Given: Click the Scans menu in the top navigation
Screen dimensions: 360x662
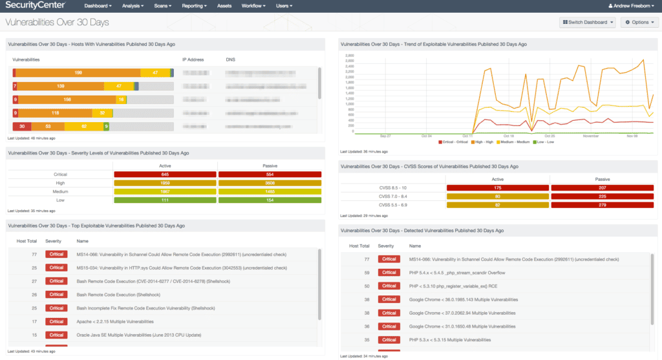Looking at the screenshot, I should point(164,6).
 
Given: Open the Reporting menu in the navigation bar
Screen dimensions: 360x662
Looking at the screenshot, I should point(194,6).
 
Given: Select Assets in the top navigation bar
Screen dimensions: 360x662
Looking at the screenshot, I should point(224,6).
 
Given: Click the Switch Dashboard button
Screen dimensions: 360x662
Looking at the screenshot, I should point(588,22).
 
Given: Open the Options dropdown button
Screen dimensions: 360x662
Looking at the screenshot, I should point(639,22).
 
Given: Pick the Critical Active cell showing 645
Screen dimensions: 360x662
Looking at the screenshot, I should point(165,175).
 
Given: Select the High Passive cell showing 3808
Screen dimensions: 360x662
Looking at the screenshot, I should point(270,183).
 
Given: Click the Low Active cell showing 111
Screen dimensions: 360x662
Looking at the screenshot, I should point(165,200).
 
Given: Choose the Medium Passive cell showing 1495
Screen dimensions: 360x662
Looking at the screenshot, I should point(270,192).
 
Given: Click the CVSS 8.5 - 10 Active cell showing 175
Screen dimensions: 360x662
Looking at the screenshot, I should point(498,188).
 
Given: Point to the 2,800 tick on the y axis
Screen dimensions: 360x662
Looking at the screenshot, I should point(349,56).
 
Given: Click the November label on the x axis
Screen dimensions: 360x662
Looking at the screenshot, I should point(590,136).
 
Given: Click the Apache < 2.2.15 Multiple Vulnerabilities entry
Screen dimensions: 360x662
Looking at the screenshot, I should point(115,321).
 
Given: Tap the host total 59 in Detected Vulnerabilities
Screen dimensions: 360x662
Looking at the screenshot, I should point(366,273).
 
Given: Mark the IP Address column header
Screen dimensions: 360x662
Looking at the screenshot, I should point(193,59).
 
